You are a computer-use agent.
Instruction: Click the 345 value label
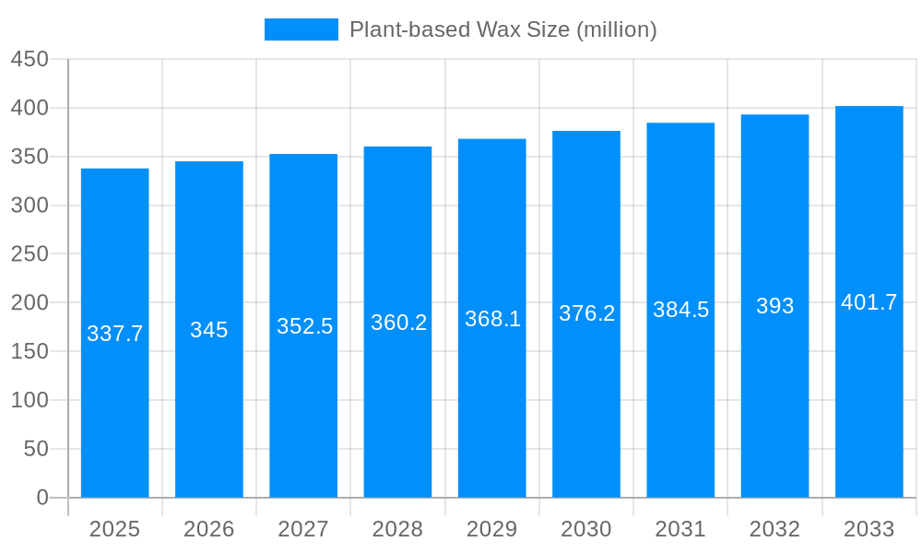209,330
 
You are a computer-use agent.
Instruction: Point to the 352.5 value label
304,326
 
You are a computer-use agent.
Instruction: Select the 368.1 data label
492,319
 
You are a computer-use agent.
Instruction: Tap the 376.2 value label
586,313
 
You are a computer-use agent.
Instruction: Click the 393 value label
774,306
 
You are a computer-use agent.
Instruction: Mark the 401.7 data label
869,302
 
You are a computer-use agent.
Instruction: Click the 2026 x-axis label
209,529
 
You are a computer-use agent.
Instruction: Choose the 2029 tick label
492,529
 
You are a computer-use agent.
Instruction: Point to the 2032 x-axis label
774,529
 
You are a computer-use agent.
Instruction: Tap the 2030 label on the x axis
586,529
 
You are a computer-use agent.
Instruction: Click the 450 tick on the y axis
30,60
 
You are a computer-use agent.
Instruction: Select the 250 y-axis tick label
30,254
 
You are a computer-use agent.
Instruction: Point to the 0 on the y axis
42,498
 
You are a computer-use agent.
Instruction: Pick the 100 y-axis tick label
30,400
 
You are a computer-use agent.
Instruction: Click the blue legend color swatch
301,29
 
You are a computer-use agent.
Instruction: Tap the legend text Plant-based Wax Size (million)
502,29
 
